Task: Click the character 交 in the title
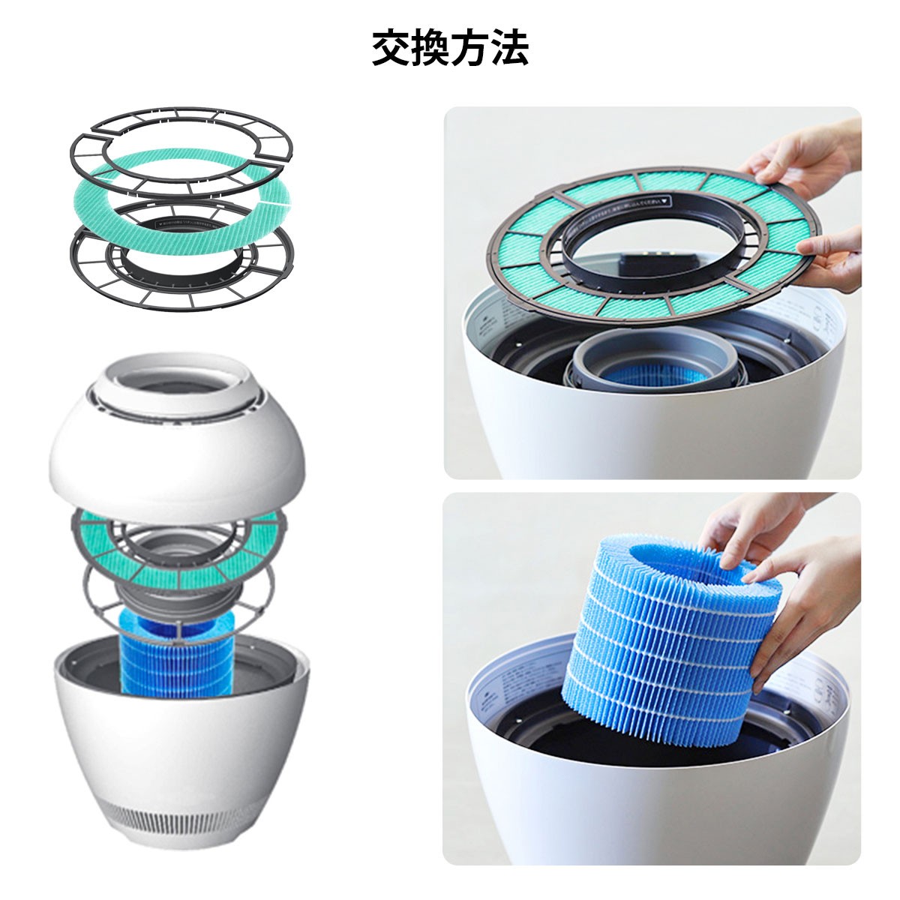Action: pos(391,49)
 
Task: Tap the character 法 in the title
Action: pos(509,49)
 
